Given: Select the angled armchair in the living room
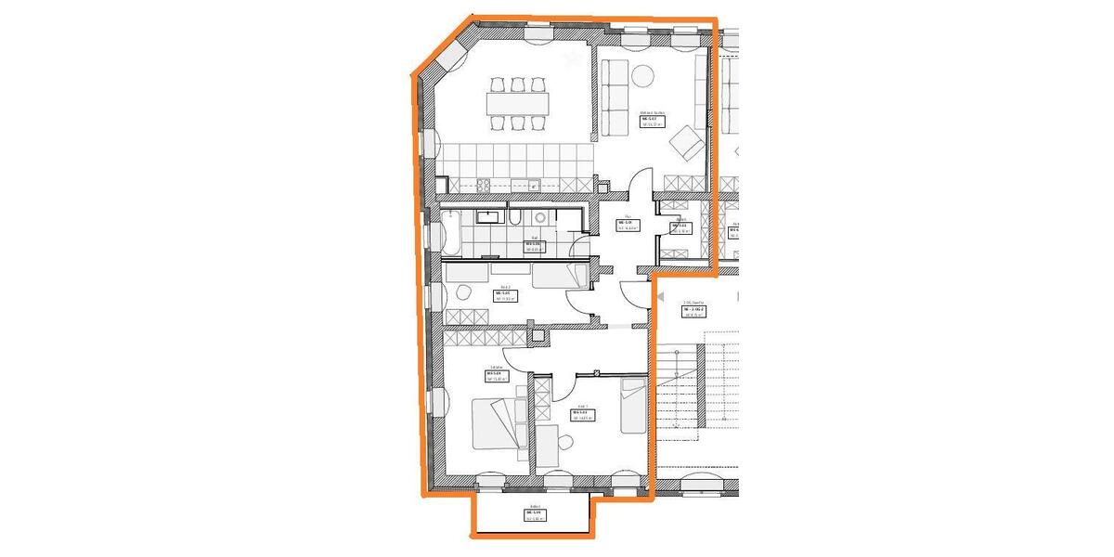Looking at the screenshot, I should pyautogui.click(x=688, y=142).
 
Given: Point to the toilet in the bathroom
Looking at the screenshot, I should pyautogui.click(x=538, y=216).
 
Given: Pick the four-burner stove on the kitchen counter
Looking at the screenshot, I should pyautogui.click(x=483, y=185).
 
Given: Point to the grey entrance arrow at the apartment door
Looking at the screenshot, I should pyautogui.click(x=661, y=293).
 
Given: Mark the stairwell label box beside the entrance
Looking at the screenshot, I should pyautogui.click(x=694, y=310).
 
